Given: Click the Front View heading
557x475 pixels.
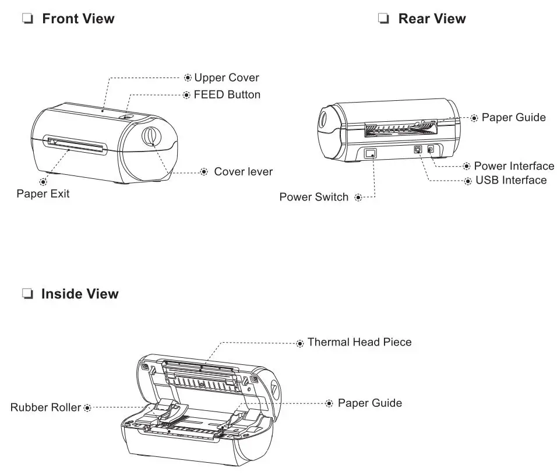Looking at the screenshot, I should click(78, 19).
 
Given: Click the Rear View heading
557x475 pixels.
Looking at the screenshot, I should click(431, 19).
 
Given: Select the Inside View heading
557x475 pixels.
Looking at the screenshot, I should click(79, 294).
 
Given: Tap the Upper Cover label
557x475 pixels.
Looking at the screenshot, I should click(226, 78).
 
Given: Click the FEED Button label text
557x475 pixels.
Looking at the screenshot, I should click(227, 94).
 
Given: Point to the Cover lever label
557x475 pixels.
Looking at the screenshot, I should click(243, 171).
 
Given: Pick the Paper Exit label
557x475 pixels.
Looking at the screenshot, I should click(43, 194).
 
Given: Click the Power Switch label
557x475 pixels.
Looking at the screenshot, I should click(313, 197).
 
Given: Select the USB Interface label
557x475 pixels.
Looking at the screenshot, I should click(511, 180).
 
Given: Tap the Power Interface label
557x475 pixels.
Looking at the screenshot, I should click(514, 166).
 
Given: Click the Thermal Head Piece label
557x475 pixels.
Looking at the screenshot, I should click(359, 342).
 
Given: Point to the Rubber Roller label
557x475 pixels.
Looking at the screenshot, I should click(45, 407).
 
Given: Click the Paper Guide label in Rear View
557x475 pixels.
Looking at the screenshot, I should click(513, 118).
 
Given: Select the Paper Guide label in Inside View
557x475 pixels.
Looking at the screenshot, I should click(369, 403).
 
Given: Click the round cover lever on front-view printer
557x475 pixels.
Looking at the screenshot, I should click(150, 135).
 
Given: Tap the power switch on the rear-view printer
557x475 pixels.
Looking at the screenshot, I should click(371, 153).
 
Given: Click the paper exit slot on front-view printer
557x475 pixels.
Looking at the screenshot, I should click(76, 145).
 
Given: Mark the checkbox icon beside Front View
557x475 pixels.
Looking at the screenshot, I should click(27, 19).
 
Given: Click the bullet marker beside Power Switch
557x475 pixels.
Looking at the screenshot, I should click(358, 198).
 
